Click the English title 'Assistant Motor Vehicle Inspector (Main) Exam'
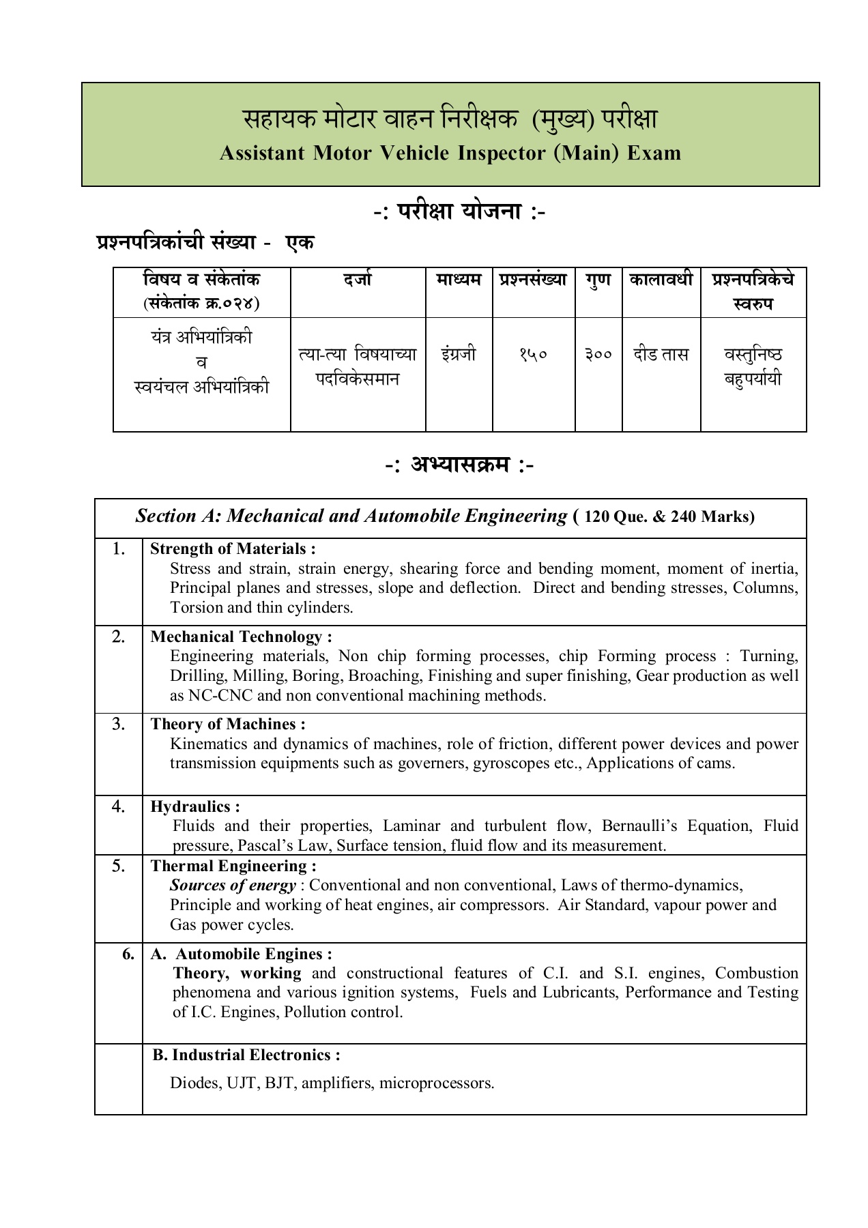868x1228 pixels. point(450,153)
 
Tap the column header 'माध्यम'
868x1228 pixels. point(459,280)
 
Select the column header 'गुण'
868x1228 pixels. point(598,280)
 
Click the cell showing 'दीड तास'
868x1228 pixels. point(661,355)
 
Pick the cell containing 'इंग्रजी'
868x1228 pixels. point(459,355)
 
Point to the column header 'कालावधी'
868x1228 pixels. point(661,280)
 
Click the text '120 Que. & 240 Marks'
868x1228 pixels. point(669,517)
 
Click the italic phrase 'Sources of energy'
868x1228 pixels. point(233,886)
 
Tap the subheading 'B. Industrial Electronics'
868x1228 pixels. point(246,1055)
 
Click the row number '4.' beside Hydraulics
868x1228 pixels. point(119,806)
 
